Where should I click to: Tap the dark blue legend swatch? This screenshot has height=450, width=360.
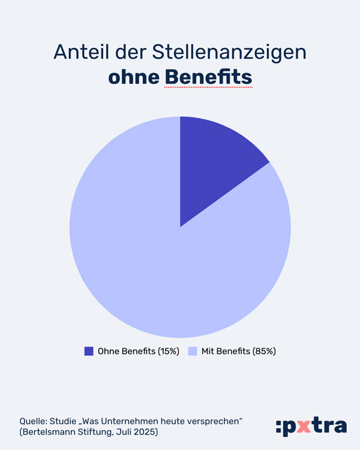click(89, 352)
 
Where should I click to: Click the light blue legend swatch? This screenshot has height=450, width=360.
click(193, 352)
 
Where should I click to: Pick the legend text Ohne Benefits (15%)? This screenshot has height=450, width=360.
click(139, 352)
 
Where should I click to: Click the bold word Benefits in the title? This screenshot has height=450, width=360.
click(208, 78)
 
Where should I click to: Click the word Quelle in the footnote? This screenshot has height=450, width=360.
click(31, 420)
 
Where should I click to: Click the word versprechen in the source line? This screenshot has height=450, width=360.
click(215, 420)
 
